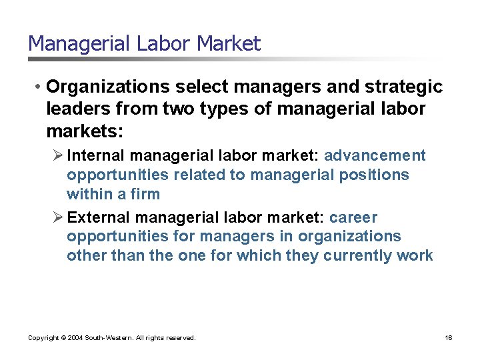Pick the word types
click(225, 109)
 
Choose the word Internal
click(97, 155)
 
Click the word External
click(98, 217)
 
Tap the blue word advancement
click(375, 155)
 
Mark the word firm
click(146, 194)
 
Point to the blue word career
click(353, 217)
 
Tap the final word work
click(417, 255)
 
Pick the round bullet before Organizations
click(40, 87)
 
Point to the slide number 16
click(449, 338)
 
